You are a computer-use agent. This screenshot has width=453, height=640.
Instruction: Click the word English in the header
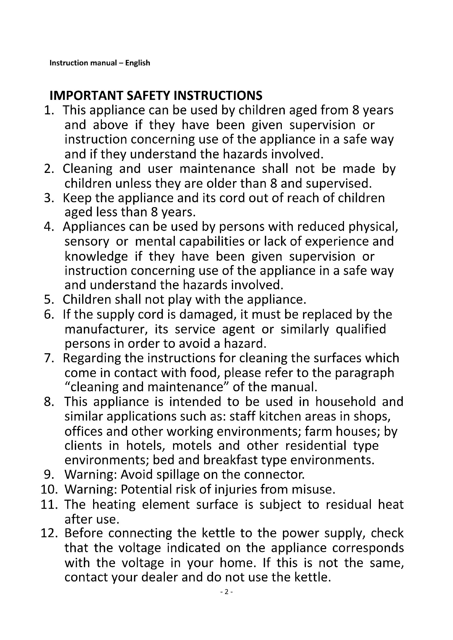click(137, 63)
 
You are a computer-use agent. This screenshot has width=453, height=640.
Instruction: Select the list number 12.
click(49, 533)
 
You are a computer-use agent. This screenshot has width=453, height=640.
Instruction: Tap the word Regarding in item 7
click(91, 358)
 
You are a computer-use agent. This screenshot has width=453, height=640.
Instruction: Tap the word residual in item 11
click(348, 505)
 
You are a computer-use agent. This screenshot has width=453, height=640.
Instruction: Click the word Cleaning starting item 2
click(88, 169)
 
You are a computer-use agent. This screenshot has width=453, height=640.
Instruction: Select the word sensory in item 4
click(87, 241)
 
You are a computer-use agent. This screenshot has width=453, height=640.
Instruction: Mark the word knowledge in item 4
click(96, 256)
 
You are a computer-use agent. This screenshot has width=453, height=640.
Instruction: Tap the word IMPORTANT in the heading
click(86, 95)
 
